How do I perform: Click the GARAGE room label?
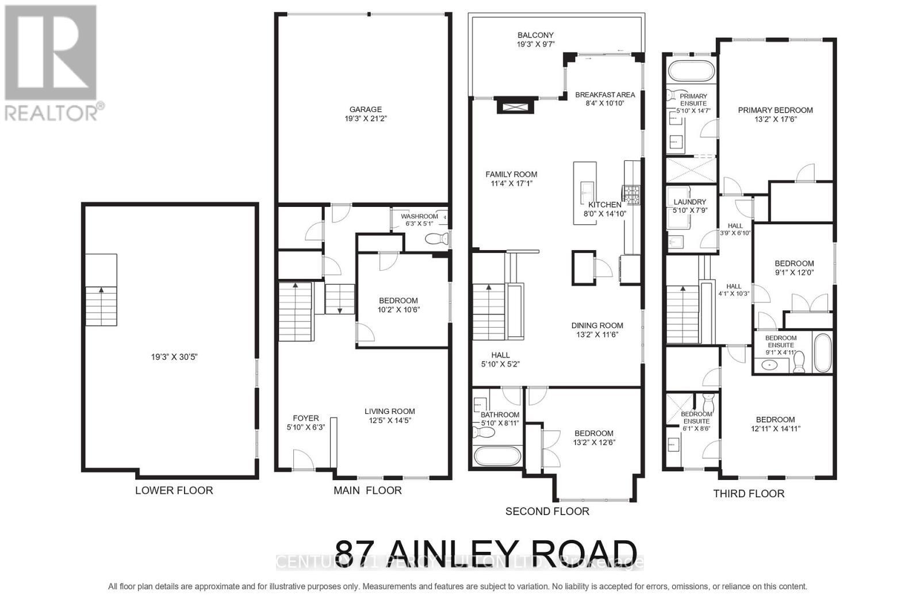coord(365,109)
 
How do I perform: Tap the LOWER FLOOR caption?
coord(174,490)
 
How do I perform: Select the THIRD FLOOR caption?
coord(749,493)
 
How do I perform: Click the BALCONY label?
coord(535,35)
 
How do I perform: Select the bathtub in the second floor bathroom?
coord(497,456)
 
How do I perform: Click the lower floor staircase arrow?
coord(102,290)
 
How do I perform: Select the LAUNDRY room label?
coord(689,202)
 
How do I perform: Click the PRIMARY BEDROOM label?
coord(775,110)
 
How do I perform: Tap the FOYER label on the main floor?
coord(306,419)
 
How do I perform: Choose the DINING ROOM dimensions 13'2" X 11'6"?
coord(597,335)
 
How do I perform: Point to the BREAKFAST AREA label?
coord(605,95)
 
